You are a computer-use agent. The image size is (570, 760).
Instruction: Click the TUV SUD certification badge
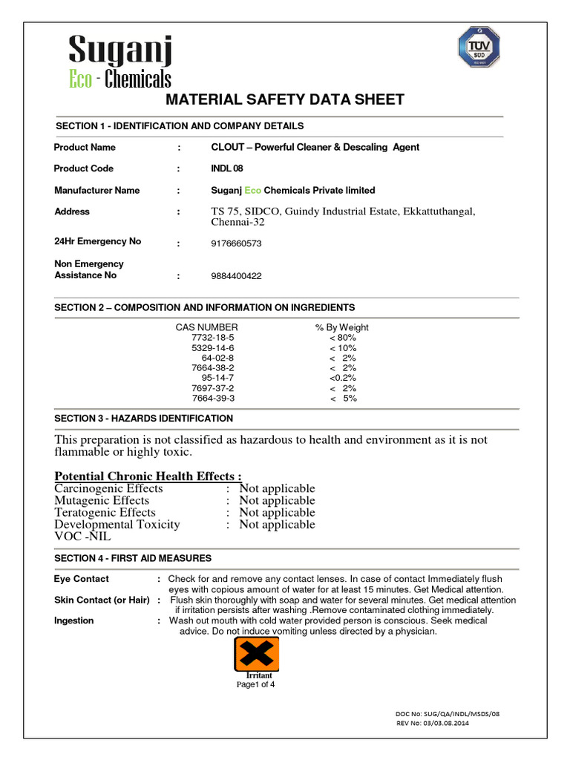point(478,47)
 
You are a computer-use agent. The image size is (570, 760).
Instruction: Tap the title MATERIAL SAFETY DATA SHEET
point(284,100)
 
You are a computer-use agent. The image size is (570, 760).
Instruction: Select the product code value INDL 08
point(227,168)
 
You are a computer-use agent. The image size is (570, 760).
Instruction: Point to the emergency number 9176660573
point(236,243)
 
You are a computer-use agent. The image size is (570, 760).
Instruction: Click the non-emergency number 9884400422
point(236,276)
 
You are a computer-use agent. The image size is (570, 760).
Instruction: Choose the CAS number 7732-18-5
point(212,338)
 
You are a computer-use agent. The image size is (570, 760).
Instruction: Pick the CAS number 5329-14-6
point(212,348)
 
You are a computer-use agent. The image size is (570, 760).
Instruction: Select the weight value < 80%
point(343,338)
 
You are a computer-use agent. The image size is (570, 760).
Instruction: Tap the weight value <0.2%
point(343,378)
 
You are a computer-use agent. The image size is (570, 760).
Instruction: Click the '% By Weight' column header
point(341,327)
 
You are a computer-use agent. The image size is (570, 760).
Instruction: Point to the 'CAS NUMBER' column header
point(206,327)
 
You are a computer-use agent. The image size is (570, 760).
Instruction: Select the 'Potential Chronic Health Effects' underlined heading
point(148,476)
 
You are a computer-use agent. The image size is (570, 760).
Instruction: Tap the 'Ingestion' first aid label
point(74,620)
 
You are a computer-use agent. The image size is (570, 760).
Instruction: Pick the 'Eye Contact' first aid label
point(82,579)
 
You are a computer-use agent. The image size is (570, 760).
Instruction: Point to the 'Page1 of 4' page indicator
point(255,684)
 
